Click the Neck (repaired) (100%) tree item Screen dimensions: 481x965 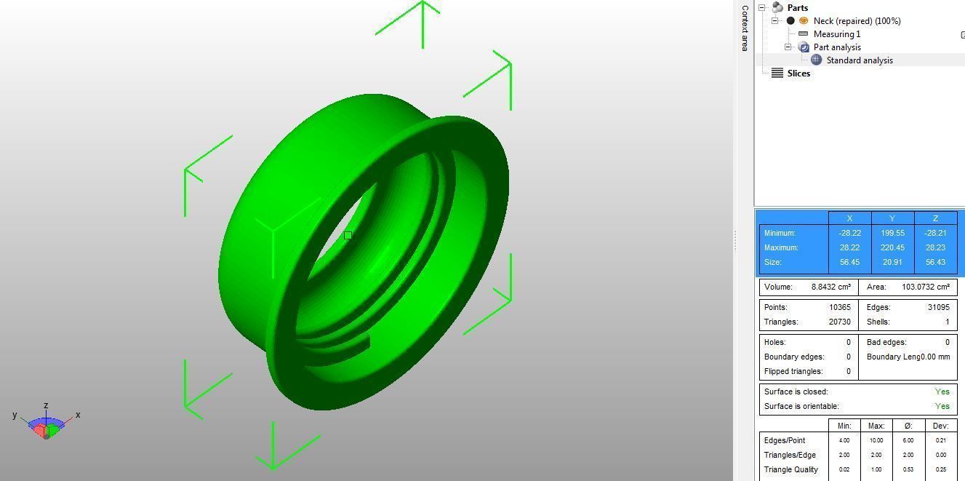coord(857,21)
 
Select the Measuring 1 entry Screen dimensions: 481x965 coord(836,34)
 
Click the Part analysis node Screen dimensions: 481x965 coord(836,47)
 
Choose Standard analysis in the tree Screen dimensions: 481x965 coord(859,60)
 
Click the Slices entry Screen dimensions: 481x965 coord(798,73)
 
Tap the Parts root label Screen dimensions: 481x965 coord(797,8)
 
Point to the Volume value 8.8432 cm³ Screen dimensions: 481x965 coord(830,287)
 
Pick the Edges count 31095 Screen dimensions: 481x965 coord(937,307)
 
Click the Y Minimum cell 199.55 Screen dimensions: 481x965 coord(892,233)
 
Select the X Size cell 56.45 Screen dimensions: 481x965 coord(849,262)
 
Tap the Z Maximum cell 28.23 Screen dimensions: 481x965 coord(935,247)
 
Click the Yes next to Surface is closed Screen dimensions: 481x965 coord(942,391)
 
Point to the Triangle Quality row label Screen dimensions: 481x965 coord(790,469)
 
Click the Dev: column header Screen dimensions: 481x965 coord(941,426)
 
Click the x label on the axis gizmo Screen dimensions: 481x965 coord(78,415)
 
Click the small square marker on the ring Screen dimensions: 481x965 coord(348,235)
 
